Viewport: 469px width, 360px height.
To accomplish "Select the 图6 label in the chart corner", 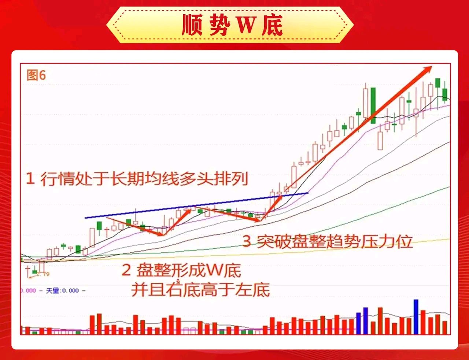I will [x=36, y=75].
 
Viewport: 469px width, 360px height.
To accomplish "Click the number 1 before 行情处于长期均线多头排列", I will [x=30, y=179].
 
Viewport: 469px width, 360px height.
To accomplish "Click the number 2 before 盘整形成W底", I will [x=126, y=270].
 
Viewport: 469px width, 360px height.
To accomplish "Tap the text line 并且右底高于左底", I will [x=200, y=290].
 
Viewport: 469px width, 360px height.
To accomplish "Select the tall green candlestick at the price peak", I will [x=373, y=105].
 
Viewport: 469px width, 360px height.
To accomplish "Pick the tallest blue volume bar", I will [x=416, y=317].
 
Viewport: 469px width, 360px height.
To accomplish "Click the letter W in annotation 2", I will [x=213, y=270].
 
